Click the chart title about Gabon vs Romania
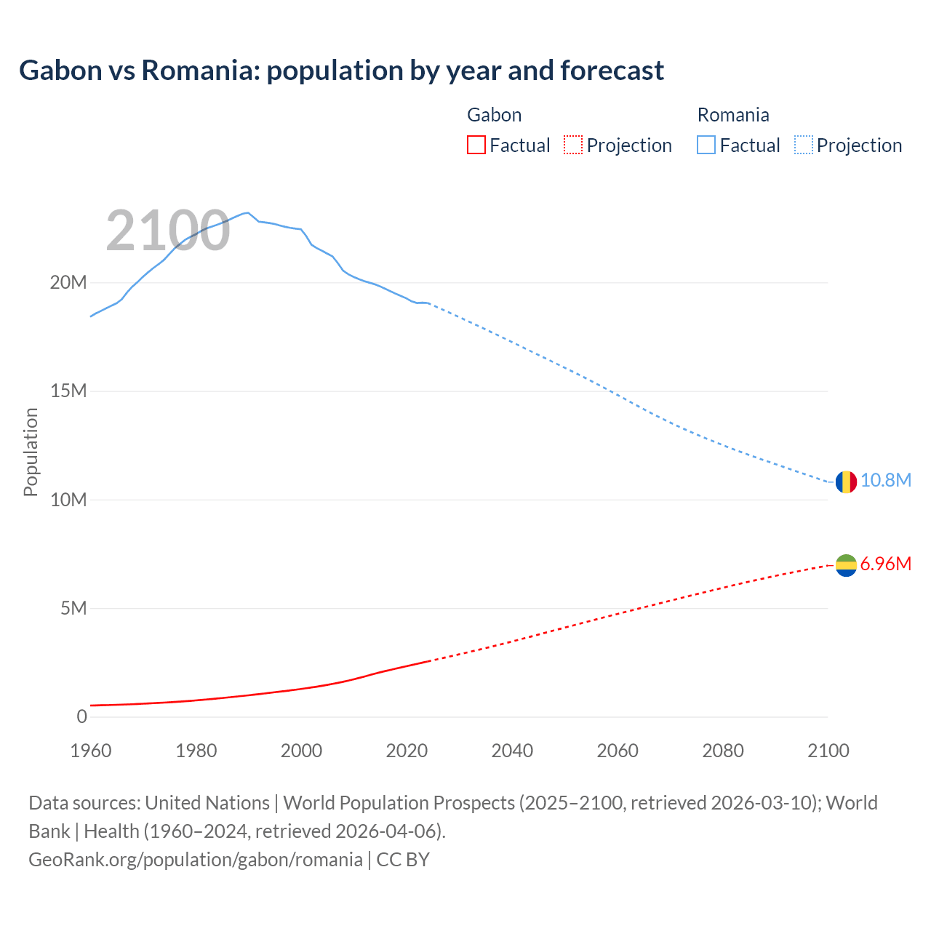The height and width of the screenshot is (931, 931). click(341, 71)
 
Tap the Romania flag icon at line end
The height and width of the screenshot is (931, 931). click(846, 482)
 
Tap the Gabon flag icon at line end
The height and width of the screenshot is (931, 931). click(846, 565)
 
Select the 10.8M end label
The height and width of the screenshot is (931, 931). click(885, 481)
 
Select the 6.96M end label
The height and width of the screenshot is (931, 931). click(885, 564)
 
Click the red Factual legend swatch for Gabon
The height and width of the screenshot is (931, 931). click(476, 145)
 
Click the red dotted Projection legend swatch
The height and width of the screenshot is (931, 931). click(573, 145)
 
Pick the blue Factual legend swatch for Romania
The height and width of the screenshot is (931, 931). click(706, 145)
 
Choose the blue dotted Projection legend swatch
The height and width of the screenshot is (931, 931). click(804, 145)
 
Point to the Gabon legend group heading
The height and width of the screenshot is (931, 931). click(494, 115)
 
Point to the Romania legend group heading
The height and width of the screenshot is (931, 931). click(732, 115)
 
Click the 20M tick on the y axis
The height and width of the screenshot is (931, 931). click(68, 283)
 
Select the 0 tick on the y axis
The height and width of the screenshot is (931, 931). click(81, 717)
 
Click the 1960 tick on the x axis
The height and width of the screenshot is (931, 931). click(91, 751)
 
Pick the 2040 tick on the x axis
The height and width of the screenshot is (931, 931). click(512, 751)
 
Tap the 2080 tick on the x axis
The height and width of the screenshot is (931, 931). click(723, 751)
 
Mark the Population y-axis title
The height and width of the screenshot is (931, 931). click(31, 452)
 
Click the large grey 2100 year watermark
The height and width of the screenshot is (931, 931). click(168, 231)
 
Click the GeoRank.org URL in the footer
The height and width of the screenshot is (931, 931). click(195, 860)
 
